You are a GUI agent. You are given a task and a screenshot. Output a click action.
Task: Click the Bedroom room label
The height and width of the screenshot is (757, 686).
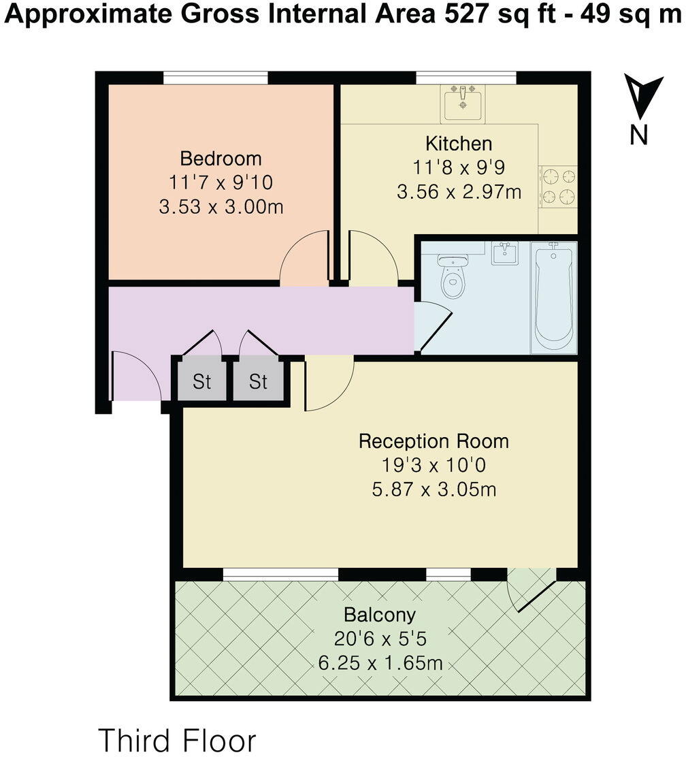(x=220, y=159)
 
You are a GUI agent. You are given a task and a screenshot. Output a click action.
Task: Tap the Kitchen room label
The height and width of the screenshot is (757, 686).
(x=459, y=144)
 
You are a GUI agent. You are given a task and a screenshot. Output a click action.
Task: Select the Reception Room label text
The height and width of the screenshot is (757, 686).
(x=434, y=441)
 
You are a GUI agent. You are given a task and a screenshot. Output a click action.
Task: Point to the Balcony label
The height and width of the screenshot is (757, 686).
(x=380, y=615)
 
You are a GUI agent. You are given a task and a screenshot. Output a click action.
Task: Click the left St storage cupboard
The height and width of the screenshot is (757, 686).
(x=201, y=382)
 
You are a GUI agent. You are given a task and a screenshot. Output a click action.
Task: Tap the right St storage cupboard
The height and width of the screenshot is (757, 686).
(x=258, y=382)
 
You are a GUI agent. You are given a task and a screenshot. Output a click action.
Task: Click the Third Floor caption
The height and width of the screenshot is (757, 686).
(x=178, y=740)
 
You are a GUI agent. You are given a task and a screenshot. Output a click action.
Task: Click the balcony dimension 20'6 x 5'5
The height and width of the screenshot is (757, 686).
(x=380, y=639)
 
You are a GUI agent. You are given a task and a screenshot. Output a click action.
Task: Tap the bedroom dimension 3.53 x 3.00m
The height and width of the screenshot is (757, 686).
(x=220, y=206)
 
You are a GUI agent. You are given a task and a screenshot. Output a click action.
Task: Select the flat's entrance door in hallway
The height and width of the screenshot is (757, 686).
(x=136, y=376)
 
